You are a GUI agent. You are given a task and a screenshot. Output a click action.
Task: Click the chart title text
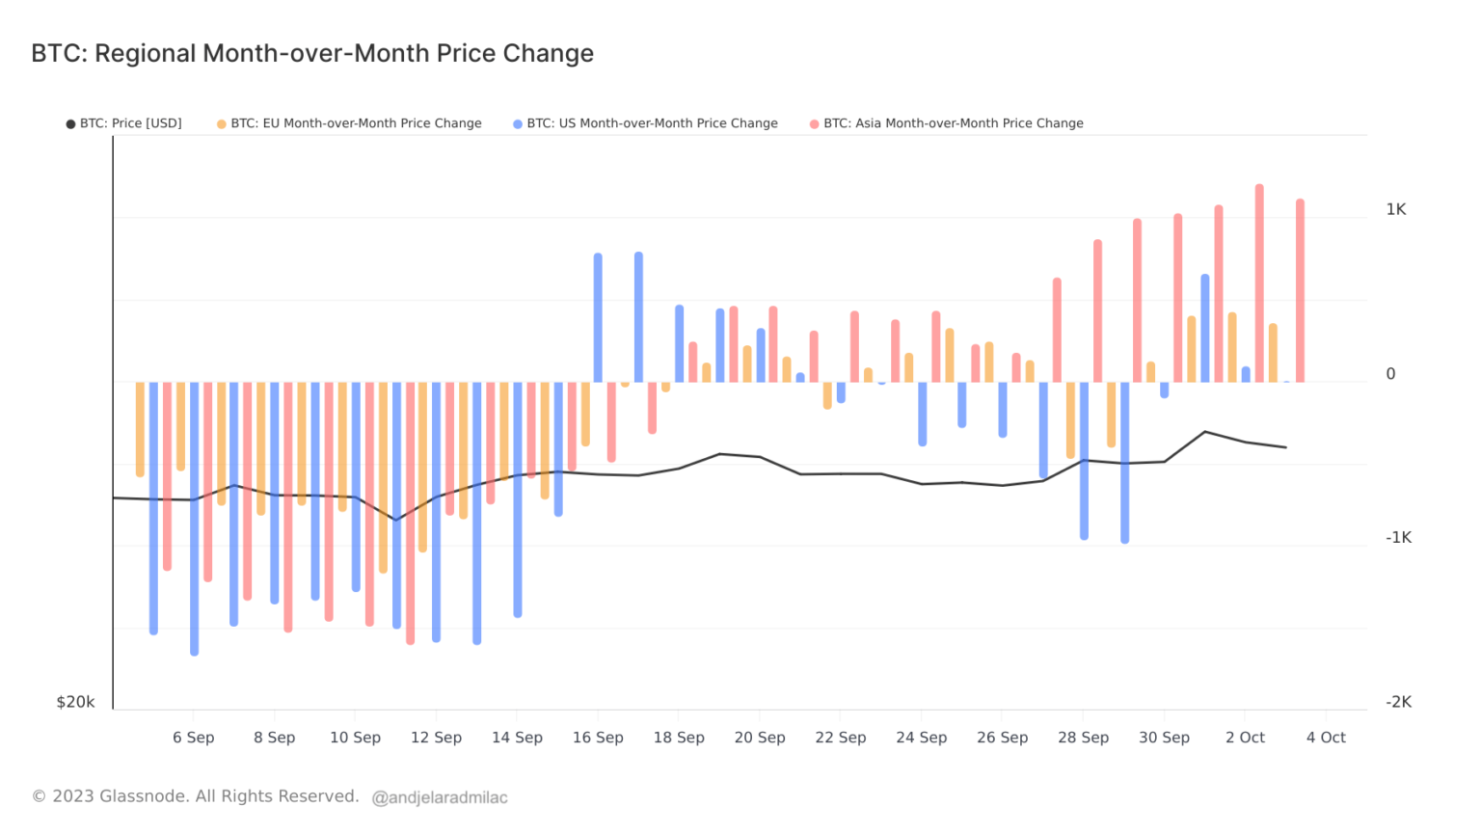click(x=312, y=53)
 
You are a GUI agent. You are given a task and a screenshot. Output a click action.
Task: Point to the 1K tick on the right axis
click(x=1396, y=209)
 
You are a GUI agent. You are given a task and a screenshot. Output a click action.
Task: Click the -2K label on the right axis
click(x=1398, y=702)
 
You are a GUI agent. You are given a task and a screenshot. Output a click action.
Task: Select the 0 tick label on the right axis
click(x=1390, y=374)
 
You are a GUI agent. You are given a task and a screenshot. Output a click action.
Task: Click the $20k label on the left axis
click(x=75, y=702)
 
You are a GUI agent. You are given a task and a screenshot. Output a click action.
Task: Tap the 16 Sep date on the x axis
click(x=598, y=738)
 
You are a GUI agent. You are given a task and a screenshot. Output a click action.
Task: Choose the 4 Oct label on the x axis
click(x=1326, y=738)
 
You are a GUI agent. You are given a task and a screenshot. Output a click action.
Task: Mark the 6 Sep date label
click(x=194, y=738)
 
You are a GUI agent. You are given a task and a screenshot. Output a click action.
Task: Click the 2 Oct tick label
click(x=1245, y=738)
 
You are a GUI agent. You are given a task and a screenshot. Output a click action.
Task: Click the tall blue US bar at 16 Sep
click(x=598, y=318)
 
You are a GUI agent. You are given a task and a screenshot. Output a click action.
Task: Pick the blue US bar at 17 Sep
click(x=638, y=317)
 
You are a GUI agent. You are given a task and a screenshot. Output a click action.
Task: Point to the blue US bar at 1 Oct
click(x=1205, y=329)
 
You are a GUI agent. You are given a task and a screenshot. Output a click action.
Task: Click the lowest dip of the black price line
click(x=395, y=520)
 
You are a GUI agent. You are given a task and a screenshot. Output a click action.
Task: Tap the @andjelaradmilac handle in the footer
click(x=440, y=797)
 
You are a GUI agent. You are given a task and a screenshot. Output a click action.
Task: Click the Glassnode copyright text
click(x=196, y=796)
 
